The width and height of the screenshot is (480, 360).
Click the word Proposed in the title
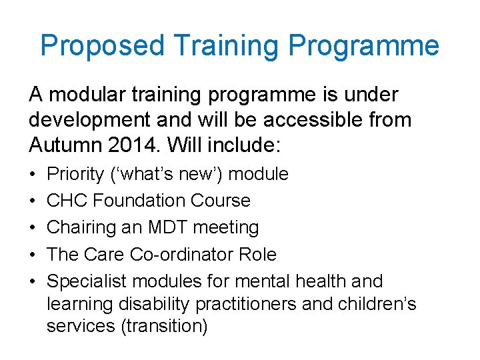tap(102, 46)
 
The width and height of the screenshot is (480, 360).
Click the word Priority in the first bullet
tap(75, 175)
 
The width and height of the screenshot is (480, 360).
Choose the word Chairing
tap(79, 228)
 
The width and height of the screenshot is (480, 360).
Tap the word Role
tap(259, 255)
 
